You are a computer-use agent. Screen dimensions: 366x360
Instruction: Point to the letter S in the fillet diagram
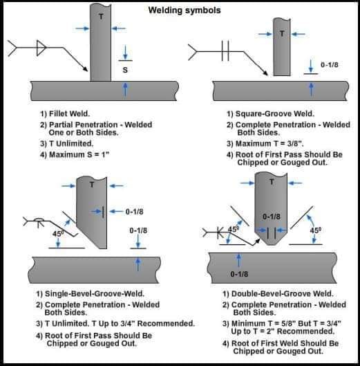(x=124, y=70)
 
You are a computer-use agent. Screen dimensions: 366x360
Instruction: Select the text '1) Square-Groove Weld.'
(x=270, y=113)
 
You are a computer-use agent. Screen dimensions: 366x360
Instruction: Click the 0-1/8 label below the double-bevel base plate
(x=239, y=275)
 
